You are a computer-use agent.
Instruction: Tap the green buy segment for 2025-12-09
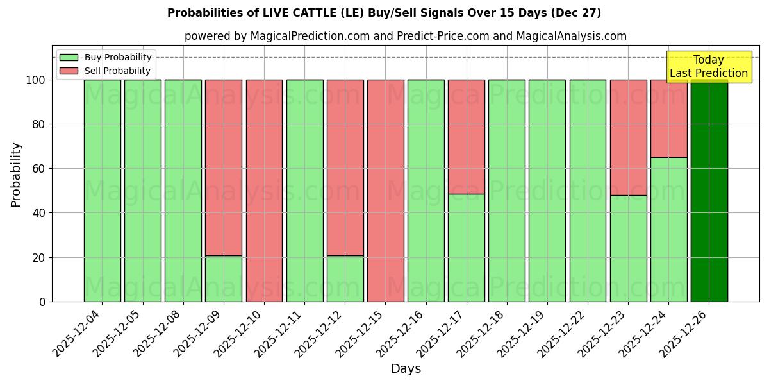(224, 278)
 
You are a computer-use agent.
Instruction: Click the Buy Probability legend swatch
(69, 57)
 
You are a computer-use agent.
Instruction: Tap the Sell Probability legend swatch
(69, 71)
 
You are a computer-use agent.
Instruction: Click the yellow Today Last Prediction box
(709, 67)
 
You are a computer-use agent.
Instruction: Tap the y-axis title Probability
(16, 174)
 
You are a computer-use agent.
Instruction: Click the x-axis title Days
(406, 369)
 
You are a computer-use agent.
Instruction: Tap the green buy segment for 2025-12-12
(345, 278)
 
